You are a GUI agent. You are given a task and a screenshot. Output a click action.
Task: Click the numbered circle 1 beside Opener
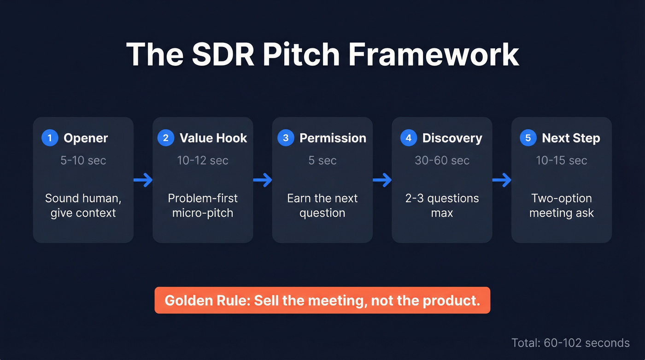coord(50,138)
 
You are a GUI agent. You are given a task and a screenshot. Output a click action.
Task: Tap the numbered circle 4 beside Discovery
coord(408,138)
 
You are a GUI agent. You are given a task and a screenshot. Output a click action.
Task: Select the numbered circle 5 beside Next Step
coord(528,138)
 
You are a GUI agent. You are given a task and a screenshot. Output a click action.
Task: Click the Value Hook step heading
coord(213,138)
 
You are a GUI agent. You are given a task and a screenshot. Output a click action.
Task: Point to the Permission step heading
coord(333,138)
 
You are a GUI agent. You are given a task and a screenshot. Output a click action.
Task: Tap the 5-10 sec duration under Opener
coord(83,160)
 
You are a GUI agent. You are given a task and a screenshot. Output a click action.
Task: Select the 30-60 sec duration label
coord(442,160)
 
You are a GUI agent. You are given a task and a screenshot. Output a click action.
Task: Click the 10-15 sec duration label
coord(561,160)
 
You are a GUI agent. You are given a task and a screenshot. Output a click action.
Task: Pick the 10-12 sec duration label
coord(203,160)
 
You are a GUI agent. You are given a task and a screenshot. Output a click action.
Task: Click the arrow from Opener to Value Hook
coord(143,180)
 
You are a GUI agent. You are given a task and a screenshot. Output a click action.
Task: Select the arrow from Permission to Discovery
coord(382,180)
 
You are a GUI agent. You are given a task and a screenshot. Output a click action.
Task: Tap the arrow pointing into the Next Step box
coord(502,180)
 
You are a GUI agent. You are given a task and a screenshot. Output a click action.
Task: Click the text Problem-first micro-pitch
coord(203,206)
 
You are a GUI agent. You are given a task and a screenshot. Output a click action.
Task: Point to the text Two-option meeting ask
coord(561,206)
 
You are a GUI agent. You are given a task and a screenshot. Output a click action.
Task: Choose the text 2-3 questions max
coord(442,206)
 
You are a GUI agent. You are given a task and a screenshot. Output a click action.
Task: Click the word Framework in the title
coord(434,54)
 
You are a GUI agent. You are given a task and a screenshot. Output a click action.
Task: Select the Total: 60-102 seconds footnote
coord(570,343)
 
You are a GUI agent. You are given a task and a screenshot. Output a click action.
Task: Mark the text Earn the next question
coord(322,206)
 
